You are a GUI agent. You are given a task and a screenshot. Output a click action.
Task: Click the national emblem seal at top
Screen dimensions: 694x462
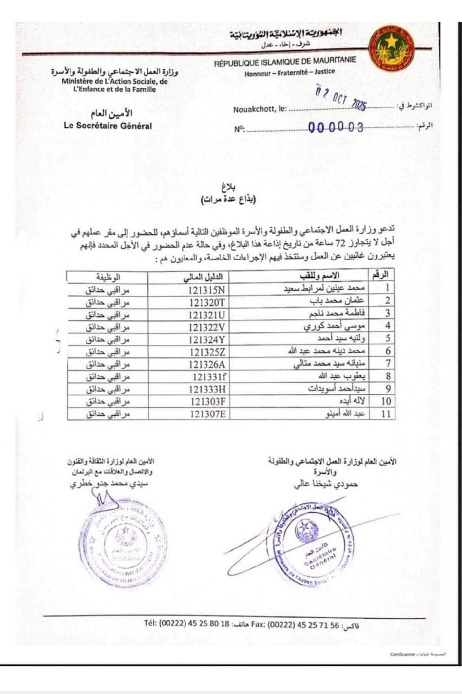tap(391, 48)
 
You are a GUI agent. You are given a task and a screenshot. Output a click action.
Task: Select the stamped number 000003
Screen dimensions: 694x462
tap(336, 127)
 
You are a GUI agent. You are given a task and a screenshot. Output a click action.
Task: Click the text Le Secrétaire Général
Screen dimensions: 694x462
tap(107, 126)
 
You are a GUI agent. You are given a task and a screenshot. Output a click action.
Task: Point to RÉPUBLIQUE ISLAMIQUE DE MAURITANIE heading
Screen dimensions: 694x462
tap(285, 61)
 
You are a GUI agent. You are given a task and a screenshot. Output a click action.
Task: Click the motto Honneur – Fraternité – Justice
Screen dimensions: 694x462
tap(289, 72)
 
